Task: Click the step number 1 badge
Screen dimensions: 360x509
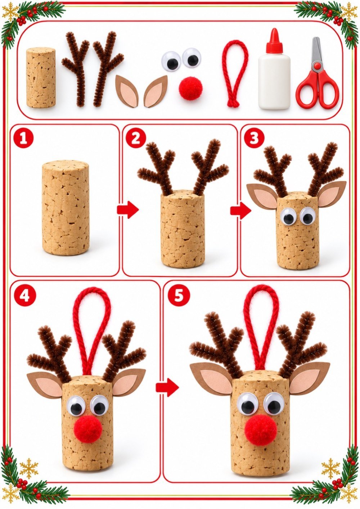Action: pos(24,139)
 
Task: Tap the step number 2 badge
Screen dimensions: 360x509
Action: pos(135,139)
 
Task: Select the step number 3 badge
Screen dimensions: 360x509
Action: pos(254,139)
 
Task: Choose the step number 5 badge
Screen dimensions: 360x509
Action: pos(178,295)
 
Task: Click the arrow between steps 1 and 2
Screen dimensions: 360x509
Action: pos(128,210)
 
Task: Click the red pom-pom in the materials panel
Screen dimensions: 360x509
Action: pos(190,88)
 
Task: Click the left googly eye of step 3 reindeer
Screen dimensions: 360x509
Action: pos(289,217)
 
